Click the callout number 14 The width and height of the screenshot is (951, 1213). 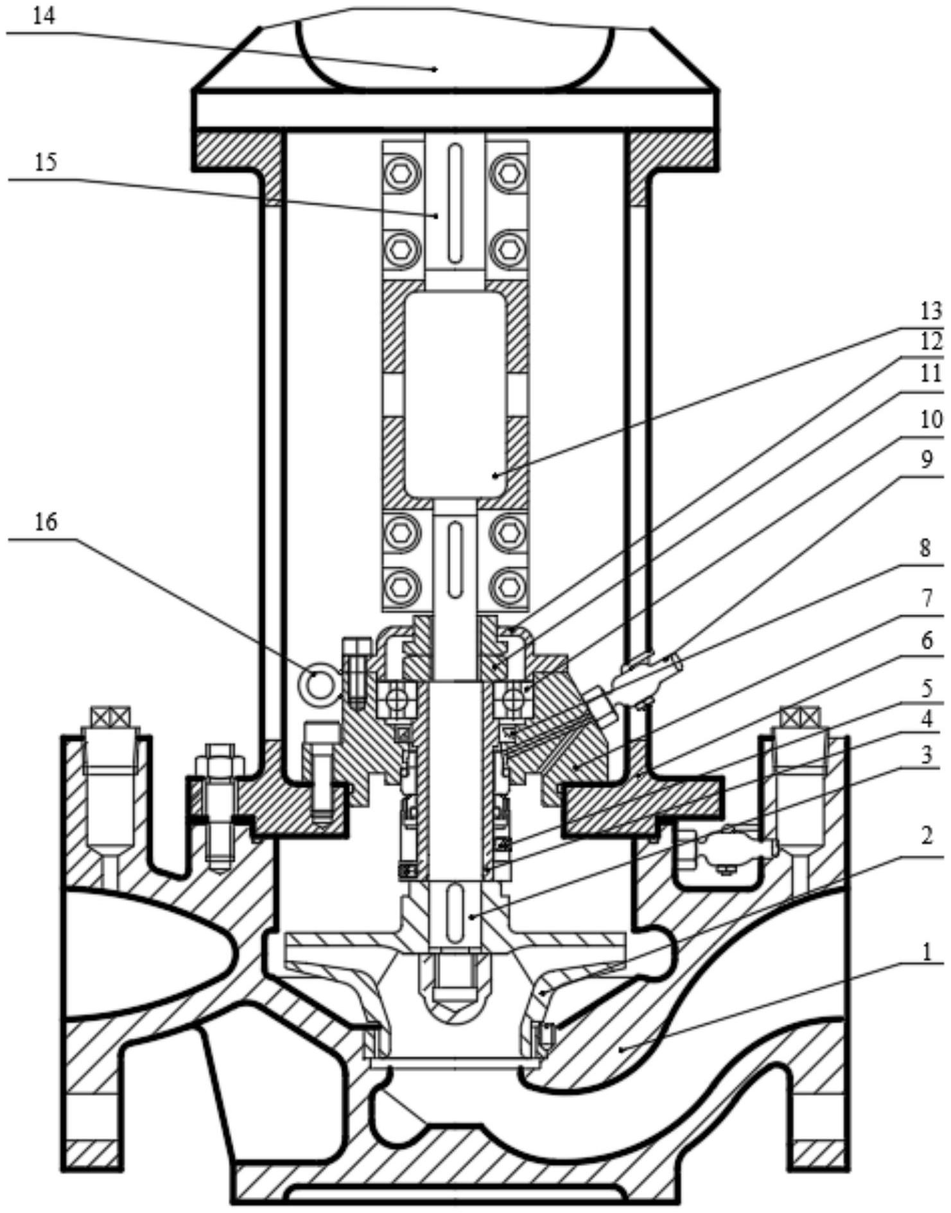point(44,17)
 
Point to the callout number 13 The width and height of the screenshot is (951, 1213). point(930,312)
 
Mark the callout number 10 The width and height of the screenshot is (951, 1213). point(930,420)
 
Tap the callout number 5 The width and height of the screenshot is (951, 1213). point(925,688)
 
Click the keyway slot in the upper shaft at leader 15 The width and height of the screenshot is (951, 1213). point(455,204)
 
